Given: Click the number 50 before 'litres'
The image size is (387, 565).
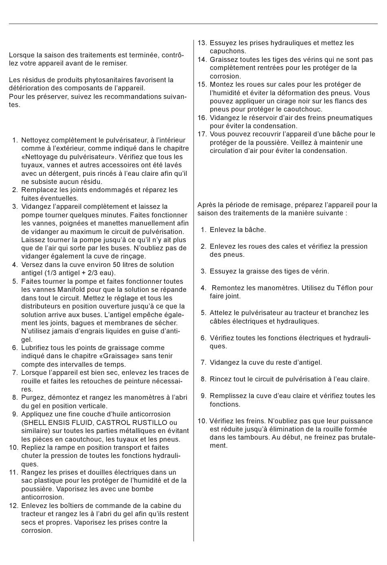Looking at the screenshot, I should (x=117, y=265).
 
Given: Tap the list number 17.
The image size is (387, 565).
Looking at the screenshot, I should (x=202, y=134).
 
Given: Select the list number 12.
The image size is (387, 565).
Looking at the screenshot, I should (x=13, y=506).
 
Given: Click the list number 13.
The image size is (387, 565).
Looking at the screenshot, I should (x=202, y=43).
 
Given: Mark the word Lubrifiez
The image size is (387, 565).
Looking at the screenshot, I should (x=36, y=348).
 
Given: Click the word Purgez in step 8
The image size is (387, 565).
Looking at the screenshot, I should (x=32, y=397).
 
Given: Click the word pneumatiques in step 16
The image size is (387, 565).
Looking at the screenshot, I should (x=352, y=118).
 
